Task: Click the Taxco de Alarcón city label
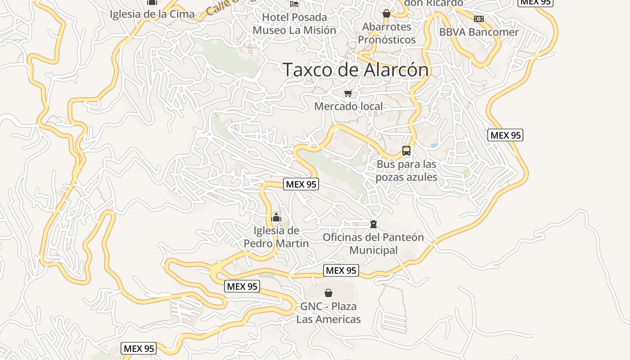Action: click(355, 70)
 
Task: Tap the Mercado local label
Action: click(348, 106)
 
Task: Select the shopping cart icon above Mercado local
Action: click(348, 94)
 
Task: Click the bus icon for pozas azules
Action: click(406, 151)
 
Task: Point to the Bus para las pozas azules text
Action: click(406, 171)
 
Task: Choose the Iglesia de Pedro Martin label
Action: click(276, 237)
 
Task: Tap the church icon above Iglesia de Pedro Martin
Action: click(276, 218)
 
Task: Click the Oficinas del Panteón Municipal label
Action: click(373, 243)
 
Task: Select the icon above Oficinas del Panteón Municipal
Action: click(373, 224)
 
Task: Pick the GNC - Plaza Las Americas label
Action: click(328, 313)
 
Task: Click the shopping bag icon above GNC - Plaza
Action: click(328, 293)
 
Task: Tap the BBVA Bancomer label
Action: click(479, 32)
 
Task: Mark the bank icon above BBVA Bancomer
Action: click(479, 19)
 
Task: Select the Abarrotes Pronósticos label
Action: click(387, 33)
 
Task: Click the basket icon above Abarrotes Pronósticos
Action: click(386, 14)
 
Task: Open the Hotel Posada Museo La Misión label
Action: click(294, 23)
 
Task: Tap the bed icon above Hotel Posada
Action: click(294, 4)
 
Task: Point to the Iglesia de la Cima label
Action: click(152, 14)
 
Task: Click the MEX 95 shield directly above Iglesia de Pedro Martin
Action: click(301, 184)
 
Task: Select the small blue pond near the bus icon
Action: click(434, 145)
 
